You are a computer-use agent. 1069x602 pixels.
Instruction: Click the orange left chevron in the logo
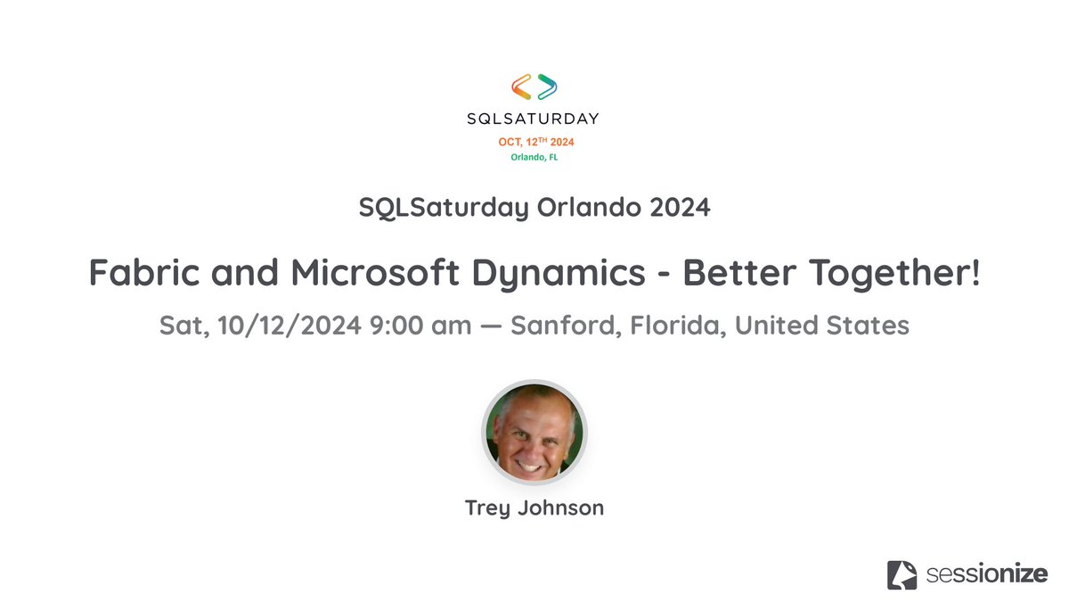tap(521, 87)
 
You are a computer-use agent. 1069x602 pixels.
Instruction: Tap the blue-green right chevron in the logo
tap(547, 87)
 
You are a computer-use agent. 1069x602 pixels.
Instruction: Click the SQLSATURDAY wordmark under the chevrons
tap(534, 118)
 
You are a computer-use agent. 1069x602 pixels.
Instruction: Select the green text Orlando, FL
tap(534, 158)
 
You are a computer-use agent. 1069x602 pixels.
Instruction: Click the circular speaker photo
tap(534, 433)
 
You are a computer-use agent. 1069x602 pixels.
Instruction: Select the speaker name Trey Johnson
tap(534, 508)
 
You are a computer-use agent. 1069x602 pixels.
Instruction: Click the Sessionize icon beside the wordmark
tap(902, 574)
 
